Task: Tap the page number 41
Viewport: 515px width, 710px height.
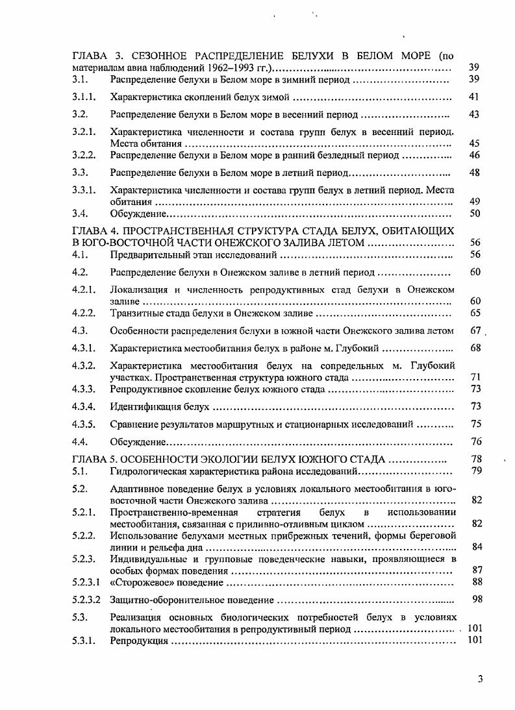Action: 473,97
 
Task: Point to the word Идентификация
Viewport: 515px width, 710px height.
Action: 144,407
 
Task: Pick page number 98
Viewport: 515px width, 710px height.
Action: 477,599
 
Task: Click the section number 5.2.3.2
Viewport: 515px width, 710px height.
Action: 86,599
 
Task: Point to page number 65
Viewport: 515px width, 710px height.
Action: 475,313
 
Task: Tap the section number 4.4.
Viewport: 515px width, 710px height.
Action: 80,442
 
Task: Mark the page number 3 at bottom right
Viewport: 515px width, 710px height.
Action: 480,679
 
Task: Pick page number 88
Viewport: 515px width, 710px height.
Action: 477,582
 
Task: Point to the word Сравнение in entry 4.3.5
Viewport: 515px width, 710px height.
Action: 134,424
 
